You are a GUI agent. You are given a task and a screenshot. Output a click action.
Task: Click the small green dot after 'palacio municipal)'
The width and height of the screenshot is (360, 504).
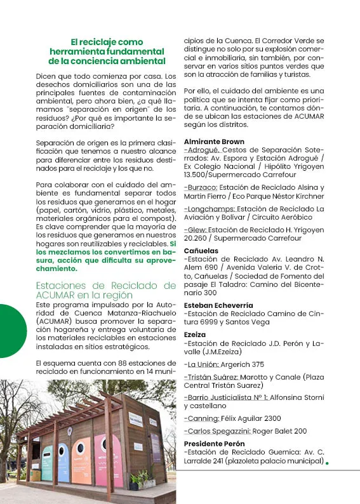(x=327, y=463)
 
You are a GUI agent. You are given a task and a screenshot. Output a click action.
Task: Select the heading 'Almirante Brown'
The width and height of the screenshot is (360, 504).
(x=213, y=142)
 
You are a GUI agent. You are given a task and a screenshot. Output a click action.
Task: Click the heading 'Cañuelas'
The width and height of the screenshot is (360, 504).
(x=201, y=251)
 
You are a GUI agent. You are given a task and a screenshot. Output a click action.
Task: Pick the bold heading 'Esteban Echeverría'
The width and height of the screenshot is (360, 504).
(x=218, y=305)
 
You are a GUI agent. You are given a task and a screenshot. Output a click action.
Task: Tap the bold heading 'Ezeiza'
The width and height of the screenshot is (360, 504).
(x=194, y=335)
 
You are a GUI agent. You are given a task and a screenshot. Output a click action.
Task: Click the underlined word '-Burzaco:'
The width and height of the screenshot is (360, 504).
(x=201, y=188)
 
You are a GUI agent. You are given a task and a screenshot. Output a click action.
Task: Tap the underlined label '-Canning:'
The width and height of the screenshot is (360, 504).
(x=201, y=419)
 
